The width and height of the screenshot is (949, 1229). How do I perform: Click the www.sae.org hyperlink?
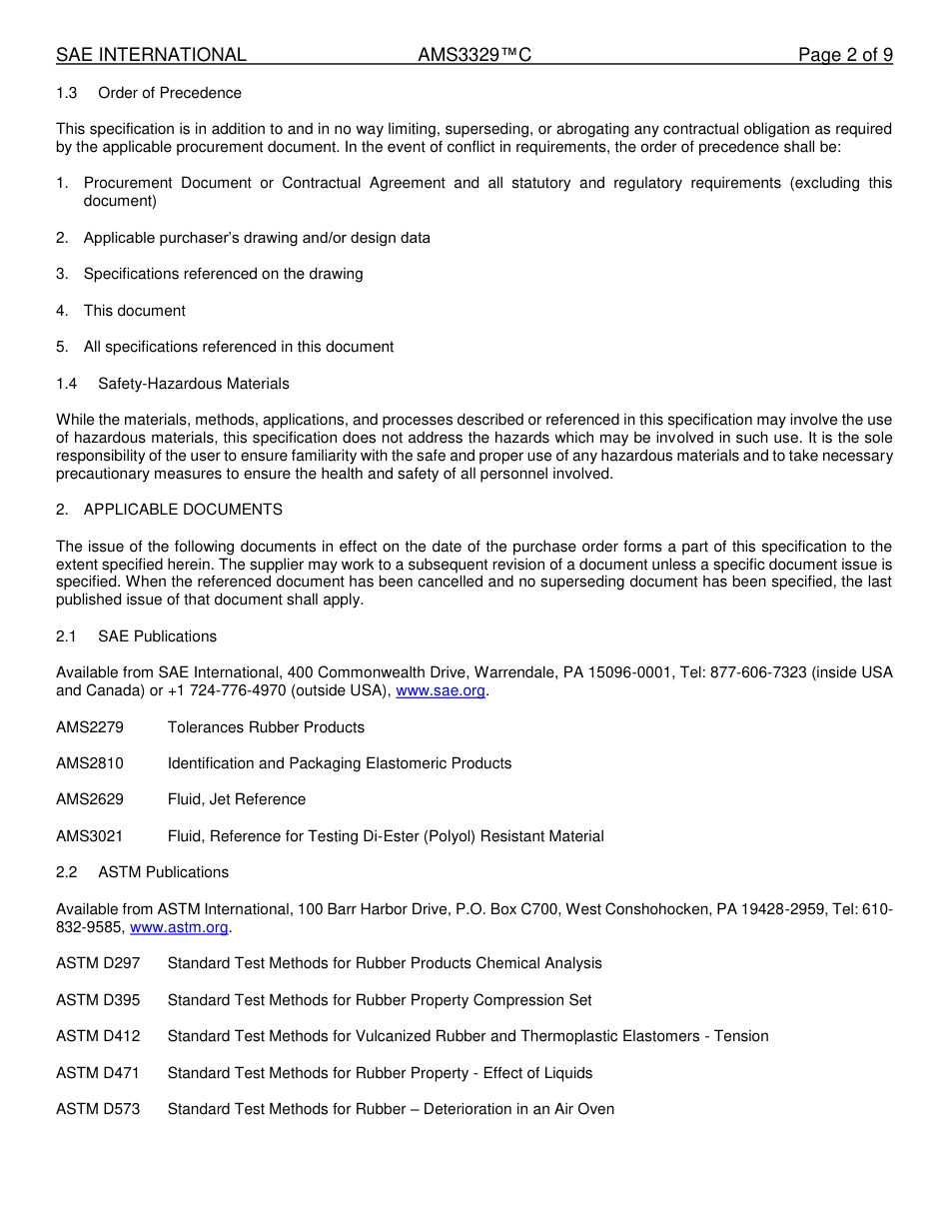pyautogui.click(x=441, y=690)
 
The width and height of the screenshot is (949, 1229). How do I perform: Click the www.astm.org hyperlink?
pyautogui.click(x=180, y=927)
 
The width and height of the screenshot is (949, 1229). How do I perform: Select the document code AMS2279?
pyautogui.click(x=90, y=727)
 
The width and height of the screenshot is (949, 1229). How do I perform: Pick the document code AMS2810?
pyautogui.click(x=90, y=763)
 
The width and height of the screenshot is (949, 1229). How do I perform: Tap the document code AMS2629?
pyautogui.click(x=90, y=799)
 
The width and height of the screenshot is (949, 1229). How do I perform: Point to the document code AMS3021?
pyautogui.click(x=90, y=836)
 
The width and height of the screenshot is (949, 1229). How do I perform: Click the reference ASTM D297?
pyautogui.click(x=98, y=963)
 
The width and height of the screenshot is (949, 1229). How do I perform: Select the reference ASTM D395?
pyautogui.click(x=98, y=1000)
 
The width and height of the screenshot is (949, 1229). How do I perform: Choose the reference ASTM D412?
pyautogui.click(x=98, y=1036)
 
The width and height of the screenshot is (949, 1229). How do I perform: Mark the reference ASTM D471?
pyautogui.click(x=98, y=1073)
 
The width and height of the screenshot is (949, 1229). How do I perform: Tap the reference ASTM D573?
pyautogui.click(x=98, y=1109)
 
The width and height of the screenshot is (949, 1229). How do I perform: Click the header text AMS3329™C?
pyautogui.click(x=474, y=55)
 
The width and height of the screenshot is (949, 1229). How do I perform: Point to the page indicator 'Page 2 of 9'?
pyautogui.click(x=845, y=55)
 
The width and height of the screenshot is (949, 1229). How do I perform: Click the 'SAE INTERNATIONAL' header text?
pyautogui.click(x=151, y=55)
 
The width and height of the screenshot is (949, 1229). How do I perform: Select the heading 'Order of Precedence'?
pyautogui.click(x=170, y=93)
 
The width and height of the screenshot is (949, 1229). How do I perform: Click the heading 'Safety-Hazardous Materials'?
pyautogui.click(x=194, y=384)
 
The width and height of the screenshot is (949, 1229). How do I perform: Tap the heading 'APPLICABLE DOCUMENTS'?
pyautogui.click(x=183, y=510)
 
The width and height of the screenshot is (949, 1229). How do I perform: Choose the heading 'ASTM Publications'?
pyautogui.click(x=163, y=872)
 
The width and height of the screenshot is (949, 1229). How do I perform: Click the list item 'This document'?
pyautogui.click(x=135, y=311)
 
